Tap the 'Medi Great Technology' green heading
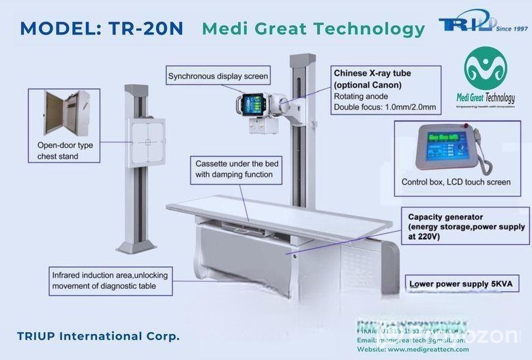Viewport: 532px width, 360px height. click(313, 29)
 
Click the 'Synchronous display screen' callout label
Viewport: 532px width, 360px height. click(218, 76)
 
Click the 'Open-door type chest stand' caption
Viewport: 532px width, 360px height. click(68, 151)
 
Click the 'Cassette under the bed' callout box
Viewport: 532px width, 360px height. click(234, 169)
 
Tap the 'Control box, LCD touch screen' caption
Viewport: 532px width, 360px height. click(456, 182)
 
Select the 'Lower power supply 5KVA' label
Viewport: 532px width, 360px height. click(454, 283)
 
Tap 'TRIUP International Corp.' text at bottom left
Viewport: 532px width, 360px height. click(98, 336)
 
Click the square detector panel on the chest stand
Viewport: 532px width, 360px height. click(146, 142)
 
